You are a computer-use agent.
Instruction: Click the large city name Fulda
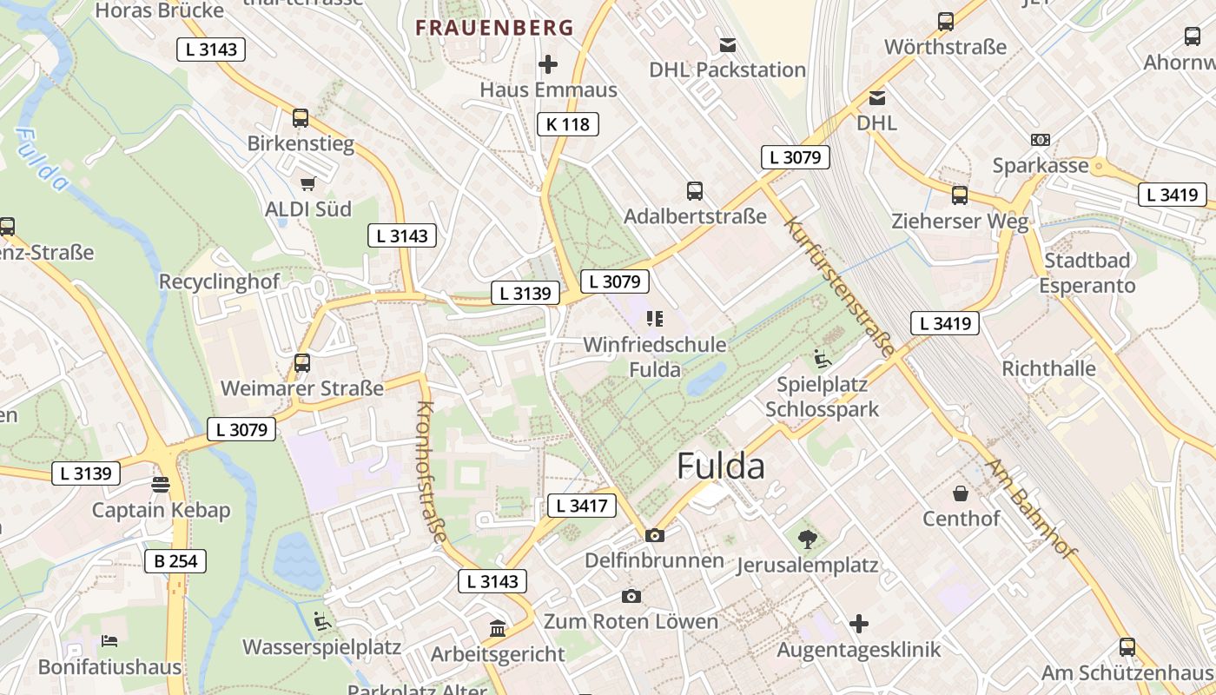[720, 467]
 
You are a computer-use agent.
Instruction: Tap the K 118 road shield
[568, 124]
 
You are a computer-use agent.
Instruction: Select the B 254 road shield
[175, 561]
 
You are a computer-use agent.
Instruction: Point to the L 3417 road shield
[582, 506]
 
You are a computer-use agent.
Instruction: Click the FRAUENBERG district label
[494, 28]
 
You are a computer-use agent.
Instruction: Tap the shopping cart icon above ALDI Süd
[307, 183]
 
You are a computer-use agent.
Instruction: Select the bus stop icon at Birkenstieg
[301, 117]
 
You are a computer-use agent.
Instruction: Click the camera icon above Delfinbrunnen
[655, 535]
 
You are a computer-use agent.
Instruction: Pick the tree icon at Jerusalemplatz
[807, 539]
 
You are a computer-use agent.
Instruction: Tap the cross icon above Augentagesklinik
[859, 624]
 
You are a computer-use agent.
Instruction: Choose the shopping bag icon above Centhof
[961, 493]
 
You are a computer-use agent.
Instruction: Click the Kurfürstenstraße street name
[839, 288]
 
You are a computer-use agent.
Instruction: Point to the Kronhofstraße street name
[431, 471]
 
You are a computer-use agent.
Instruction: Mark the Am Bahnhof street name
[1030, 508]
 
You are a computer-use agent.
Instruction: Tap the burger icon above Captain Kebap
[161, 484]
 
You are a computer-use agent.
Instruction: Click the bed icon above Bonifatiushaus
[109, 641]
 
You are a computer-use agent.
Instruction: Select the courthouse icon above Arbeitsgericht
[498, 627]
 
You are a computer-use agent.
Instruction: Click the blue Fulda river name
[42, 160]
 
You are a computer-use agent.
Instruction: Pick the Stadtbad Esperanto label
[1087, 273]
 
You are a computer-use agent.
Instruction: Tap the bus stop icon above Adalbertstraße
[694, 190]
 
